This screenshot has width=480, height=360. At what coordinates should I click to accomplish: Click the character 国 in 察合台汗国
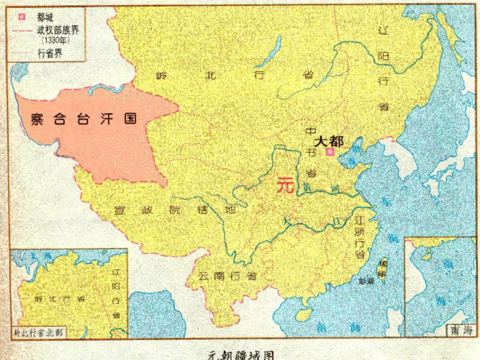tap(129, 119)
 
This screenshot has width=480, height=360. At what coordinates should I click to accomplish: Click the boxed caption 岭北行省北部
tap(39, 333)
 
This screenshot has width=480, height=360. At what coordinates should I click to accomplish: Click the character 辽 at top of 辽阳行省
tap(383, 30)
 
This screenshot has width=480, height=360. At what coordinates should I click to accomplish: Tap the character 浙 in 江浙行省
tap(360, 230)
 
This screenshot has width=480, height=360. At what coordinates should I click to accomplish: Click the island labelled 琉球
tap(382, 270)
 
